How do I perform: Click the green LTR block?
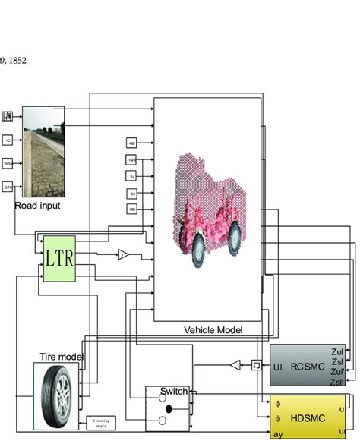point(59,258)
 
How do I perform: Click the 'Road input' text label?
point(37,205)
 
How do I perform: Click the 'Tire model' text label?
point(62,357)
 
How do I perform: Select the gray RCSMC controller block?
point(307,366)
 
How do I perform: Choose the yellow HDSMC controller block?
point(307,418)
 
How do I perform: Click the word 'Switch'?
point(173,392)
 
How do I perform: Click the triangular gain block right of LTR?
point(123,256)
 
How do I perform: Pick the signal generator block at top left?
point(9,116)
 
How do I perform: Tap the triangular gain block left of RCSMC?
point(235,366)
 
